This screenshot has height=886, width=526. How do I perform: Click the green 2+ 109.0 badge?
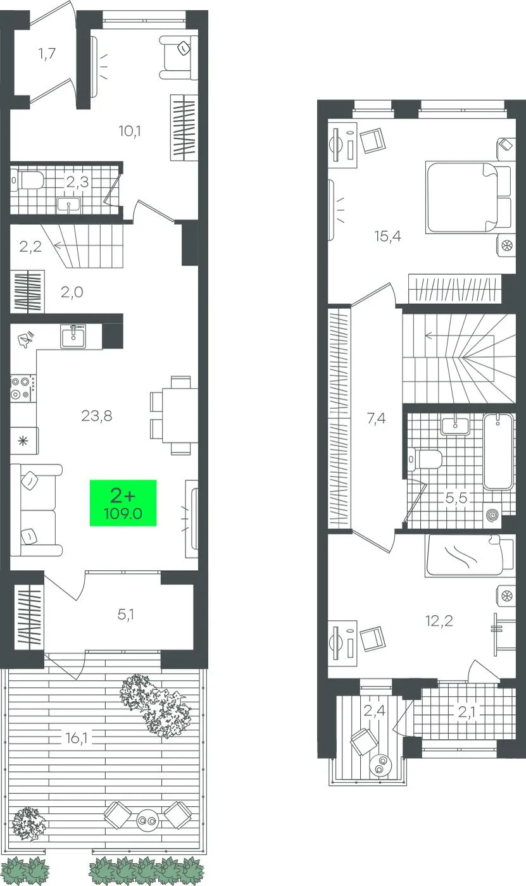pyautogui.click(x=123, y=502)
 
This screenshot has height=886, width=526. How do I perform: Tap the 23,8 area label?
pyautogui.click(x=96, y=416)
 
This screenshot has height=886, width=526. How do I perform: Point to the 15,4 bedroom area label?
pyautogui.click(x=387, y=236)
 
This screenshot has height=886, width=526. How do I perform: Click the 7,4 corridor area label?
pyautogui.click(x=376, y=418)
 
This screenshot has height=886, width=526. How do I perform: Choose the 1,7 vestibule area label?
pyautogui.click(x=47, y=53)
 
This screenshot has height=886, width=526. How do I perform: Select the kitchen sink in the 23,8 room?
pyautogui.click(x=73, y=336)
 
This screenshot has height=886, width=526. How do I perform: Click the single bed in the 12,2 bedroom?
pyautogui.click(x=470, y=555)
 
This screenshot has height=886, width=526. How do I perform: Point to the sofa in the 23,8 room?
pyautogui.click(x=35, y=510)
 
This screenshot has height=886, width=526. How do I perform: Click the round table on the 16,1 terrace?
pyautogui.click(x=147, y=820)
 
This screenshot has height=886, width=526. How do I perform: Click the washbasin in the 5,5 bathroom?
pyautogui.click(x=455, y=425)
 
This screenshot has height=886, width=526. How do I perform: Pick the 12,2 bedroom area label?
pyautogui.click(x=439, y=621)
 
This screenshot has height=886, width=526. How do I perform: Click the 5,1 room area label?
pyautogui.click(x=125, y=615)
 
